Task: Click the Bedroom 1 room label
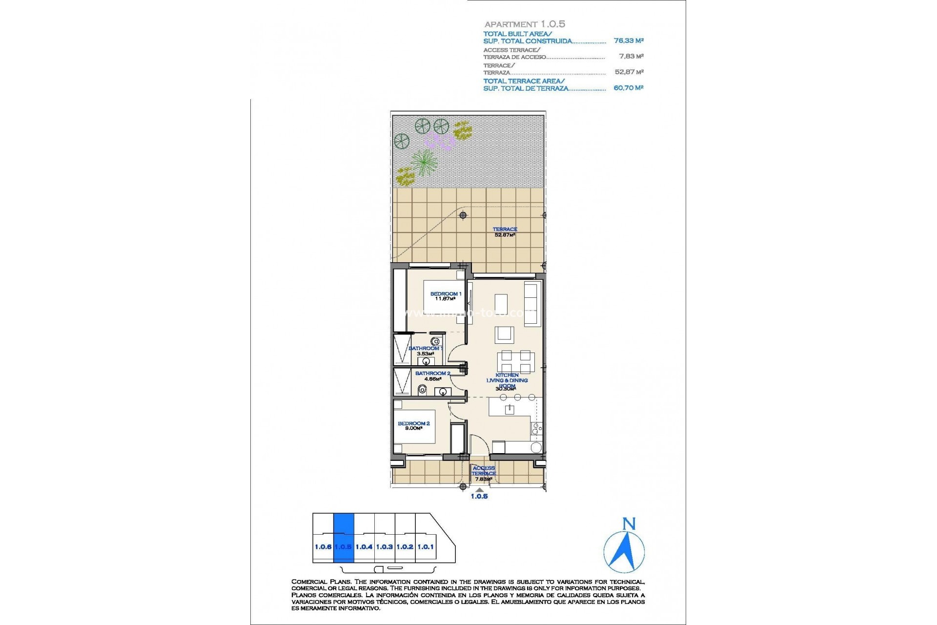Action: point(445,296)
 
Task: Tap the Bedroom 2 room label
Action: point(413,426)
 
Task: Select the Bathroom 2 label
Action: point(432,375)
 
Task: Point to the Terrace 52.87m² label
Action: point(505,232)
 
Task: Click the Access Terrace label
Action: point(484,473)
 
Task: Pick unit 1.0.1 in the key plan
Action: point(426,547)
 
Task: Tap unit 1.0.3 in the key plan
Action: point(385,547)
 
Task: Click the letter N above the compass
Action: point(629,524)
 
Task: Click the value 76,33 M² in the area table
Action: point(629,41)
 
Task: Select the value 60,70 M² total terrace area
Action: point(629,88)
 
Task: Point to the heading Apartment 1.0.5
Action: point(525,24)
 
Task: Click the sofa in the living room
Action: point(531,303)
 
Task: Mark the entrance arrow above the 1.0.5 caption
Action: point(480,490)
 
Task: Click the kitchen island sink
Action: point(509,409)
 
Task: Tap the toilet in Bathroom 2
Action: point(423,390)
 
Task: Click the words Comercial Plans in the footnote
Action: point(321,582)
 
